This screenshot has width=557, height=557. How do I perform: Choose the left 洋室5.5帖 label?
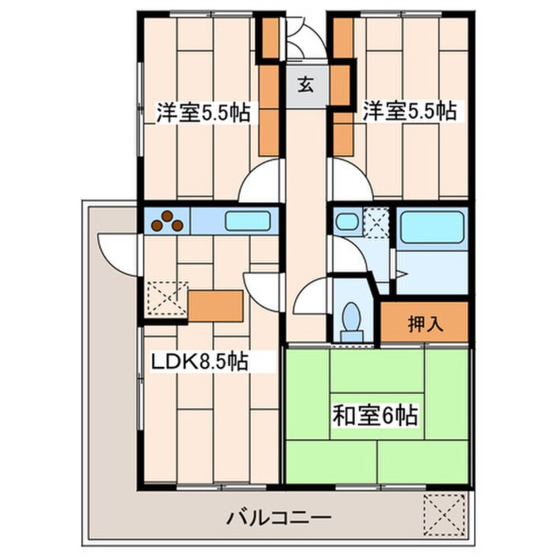[202, 113]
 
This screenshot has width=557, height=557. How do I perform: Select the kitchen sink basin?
[248, 221]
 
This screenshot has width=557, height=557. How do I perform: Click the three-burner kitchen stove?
[167, 221]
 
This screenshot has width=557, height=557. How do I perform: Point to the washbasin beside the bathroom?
[346, 221]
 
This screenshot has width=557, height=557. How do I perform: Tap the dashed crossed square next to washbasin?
[377, 223]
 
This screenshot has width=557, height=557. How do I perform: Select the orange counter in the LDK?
[215, 305]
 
